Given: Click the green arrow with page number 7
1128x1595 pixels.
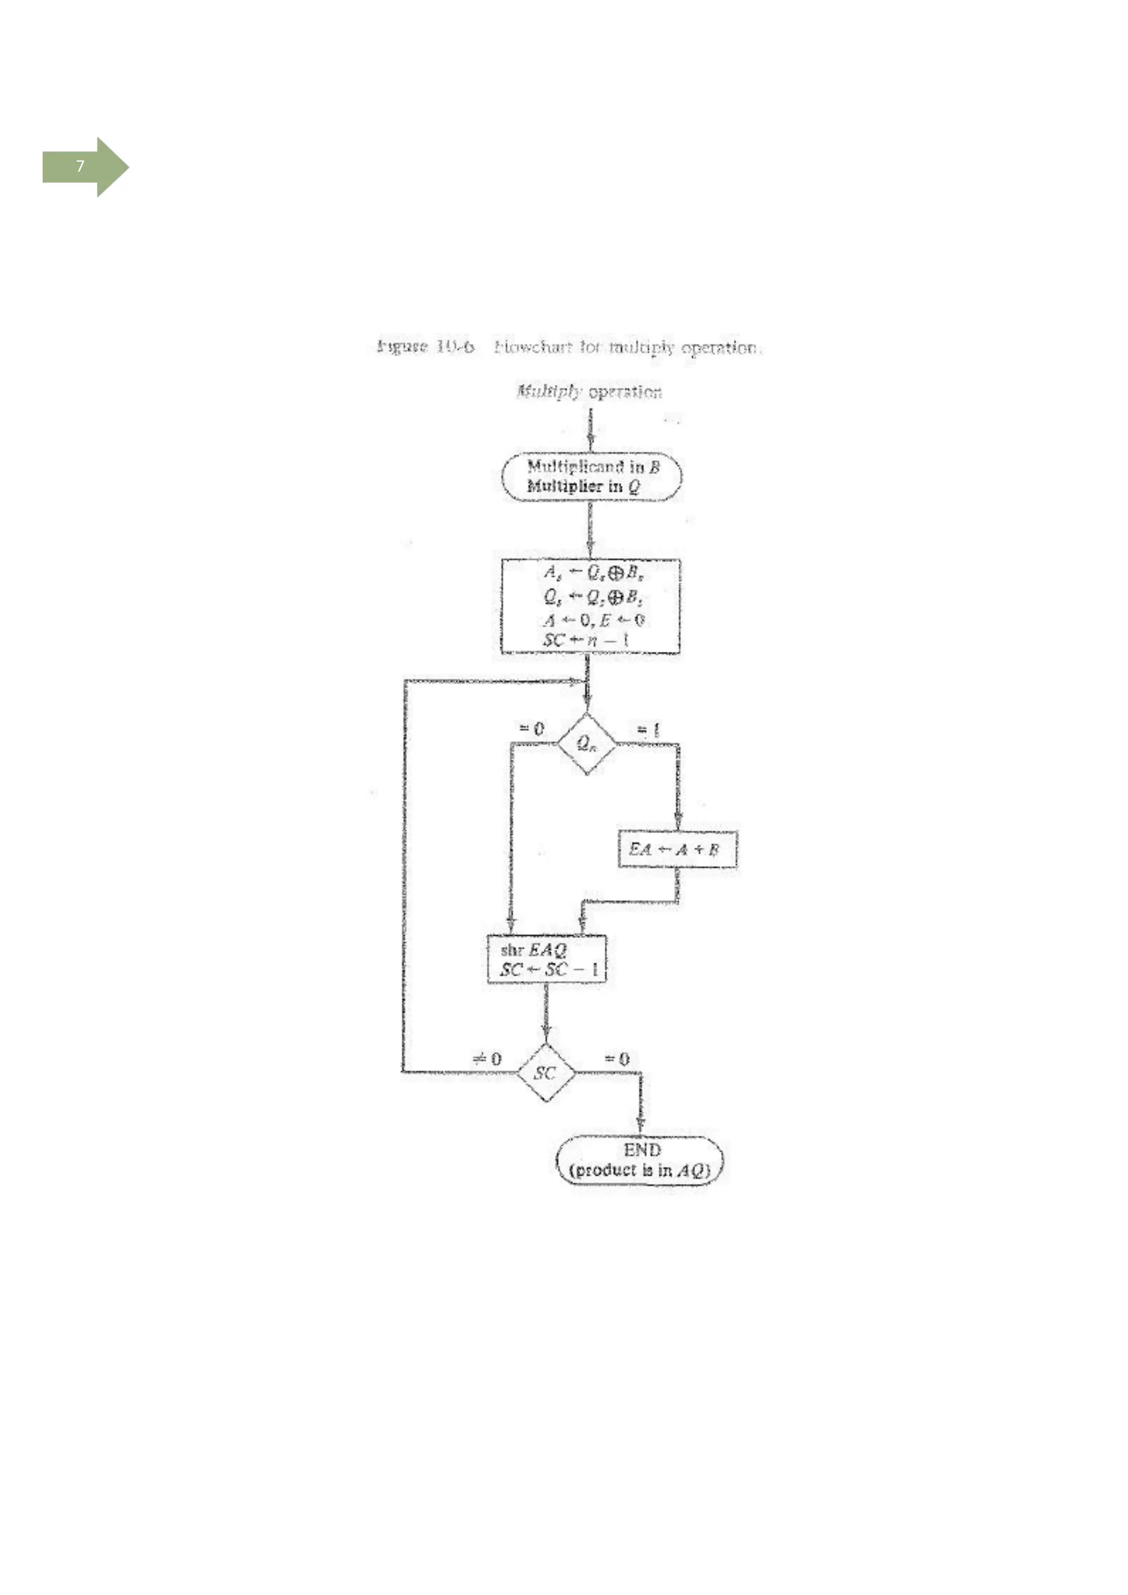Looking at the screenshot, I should pos(85,167).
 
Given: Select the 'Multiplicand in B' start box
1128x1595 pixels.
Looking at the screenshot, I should pos(592,476).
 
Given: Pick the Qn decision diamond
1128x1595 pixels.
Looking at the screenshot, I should pos(587,744).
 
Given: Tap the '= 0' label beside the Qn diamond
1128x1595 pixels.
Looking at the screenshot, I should pos(532,728).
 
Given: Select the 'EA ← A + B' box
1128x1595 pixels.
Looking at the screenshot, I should pos(676,849).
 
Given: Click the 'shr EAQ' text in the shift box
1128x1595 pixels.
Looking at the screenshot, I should pos(533,949).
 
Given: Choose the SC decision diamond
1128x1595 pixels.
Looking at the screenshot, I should pos(546,1073).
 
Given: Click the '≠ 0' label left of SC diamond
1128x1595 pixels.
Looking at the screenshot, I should pos(486,1059).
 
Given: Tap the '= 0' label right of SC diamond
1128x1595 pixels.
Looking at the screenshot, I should pos(616,1059).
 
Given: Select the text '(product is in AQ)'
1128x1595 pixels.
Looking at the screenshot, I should pos(639,1170).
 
